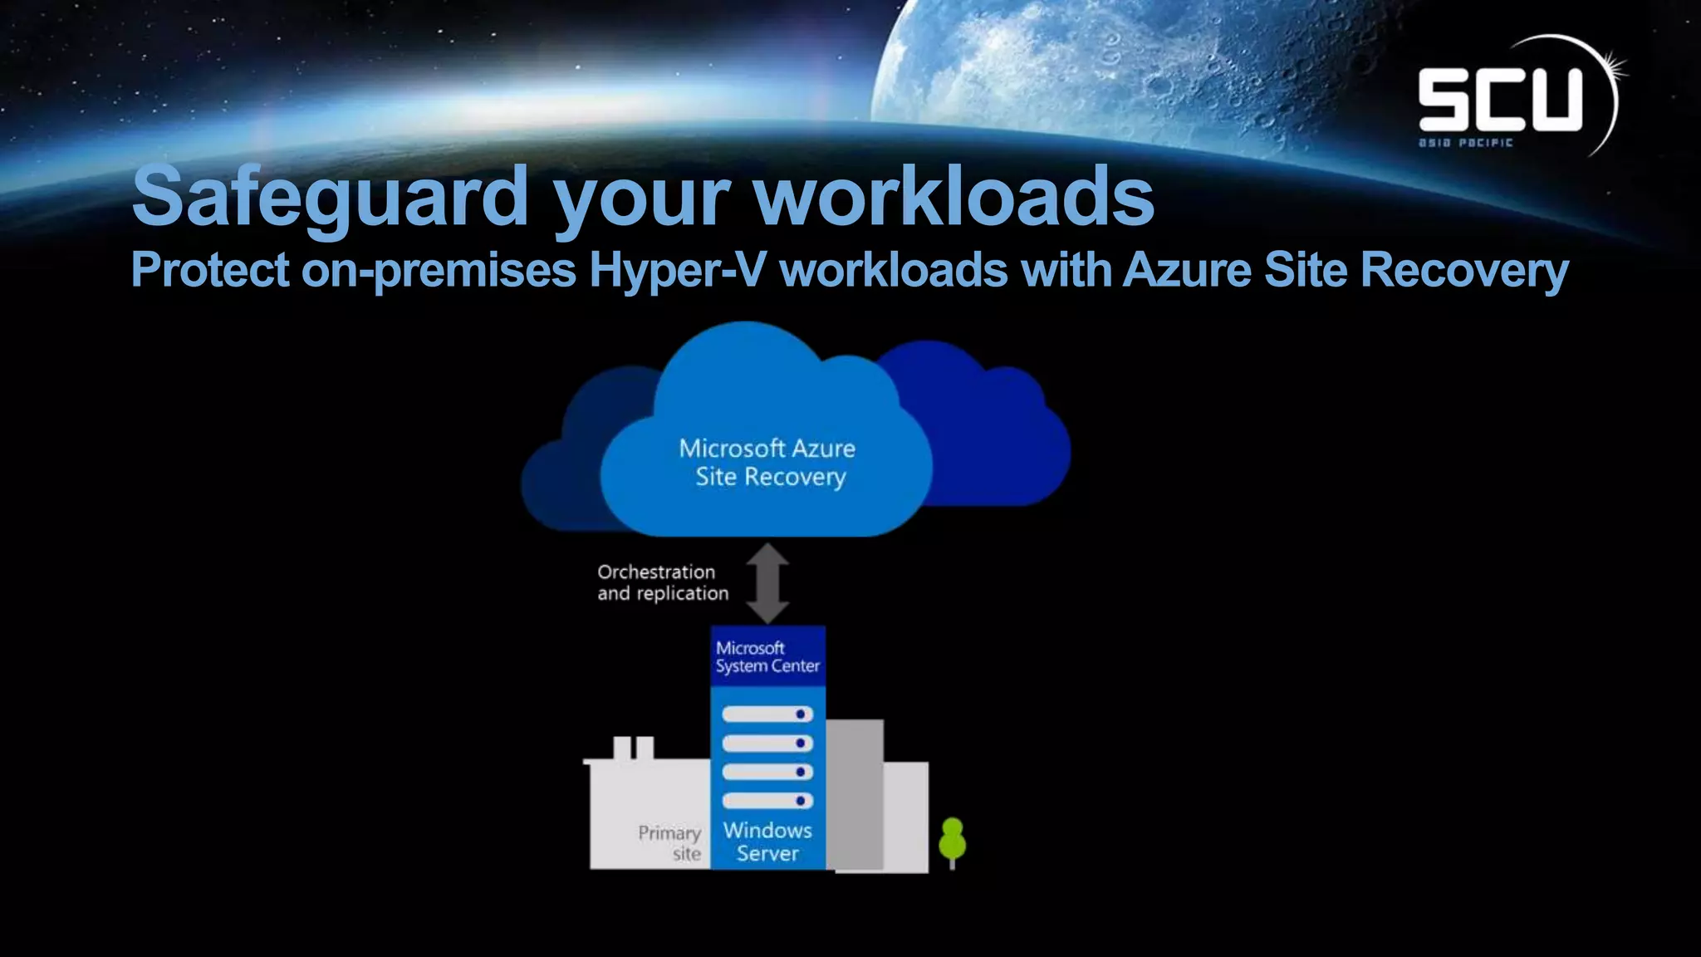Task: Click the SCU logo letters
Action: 1500,100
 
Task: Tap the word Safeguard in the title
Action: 330,197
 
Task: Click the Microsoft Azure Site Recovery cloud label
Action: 767,463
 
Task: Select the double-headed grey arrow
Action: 767,583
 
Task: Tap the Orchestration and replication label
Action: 662,582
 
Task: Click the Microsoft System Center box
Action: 767,656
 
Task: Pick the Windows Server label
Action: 767,842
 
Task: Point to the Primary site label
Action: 669,842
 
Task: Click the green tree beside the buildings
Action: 952,841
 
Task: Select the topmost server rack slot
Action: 767,714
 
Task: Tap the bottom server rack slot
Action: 767,801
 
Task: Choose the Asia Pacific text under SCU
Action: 1465,143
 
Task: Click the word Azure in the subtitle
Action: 1186,271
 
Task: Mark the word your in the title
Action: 641,197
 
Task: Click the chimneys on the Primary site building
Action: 633,748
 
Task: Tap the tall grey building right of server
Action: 855,793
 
